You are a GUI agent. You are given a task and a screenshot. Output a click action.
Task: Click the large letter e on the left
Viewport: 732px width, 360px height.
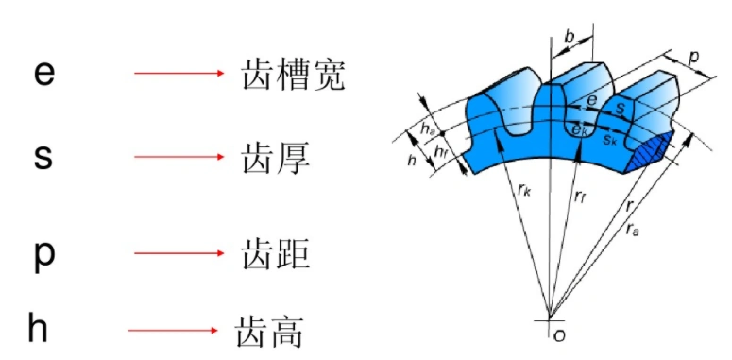point(43,73)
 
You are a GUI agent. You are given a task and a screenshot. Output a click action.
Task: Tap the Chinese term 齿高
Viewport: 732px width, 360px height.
point(269,330)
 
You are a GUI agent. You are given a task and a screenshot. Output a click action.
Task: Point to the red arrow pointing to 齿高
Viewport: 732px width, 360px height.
point(173,330)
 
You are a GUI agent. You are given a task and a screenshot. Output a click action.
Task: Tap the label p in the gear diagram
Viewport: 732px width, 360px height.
point(694,57)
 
